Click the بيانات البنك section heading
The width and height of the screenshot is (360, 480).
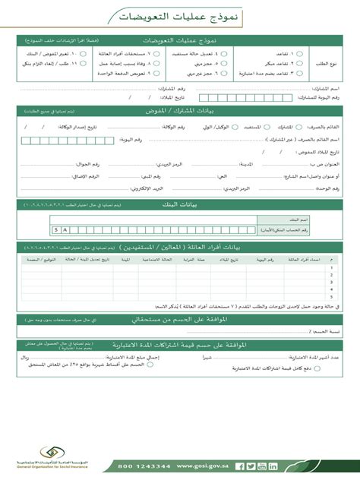(x=179, y=206)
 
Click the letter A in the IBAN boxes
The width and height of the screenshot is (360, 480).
(x=65, y=229)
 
